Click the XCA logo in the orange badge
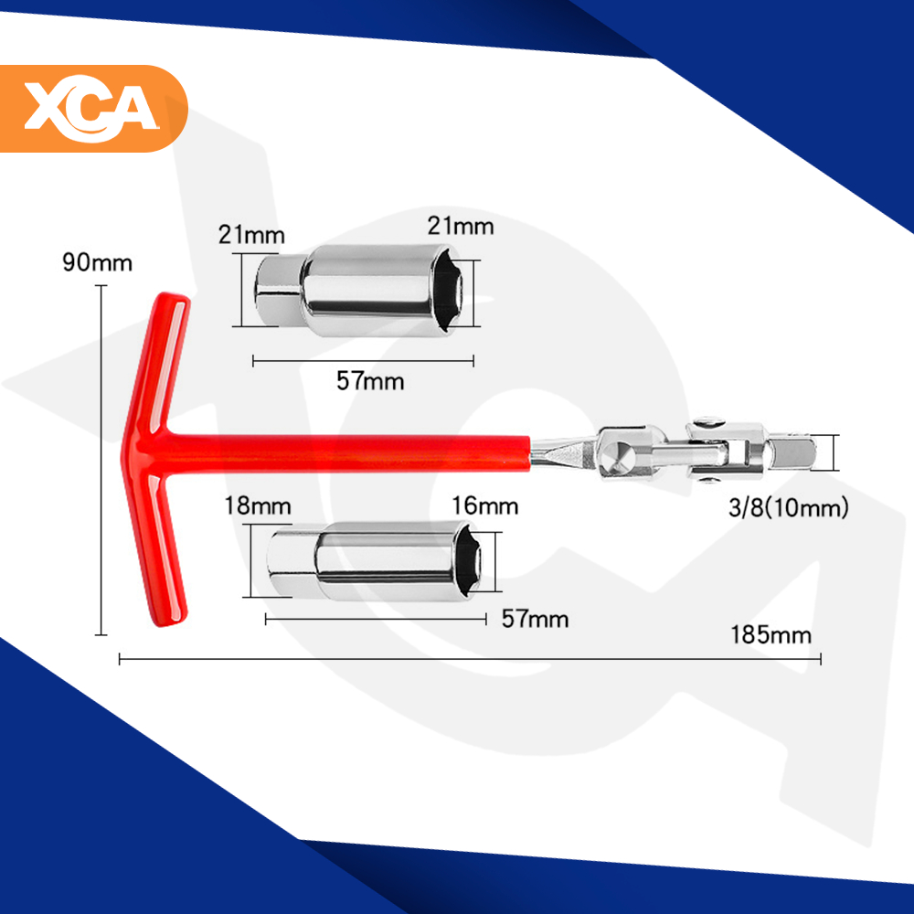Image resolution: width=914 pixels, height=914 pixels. click(x=91, y=109)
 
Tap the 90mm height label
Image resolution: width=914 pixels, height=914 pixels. click(x=98, y=263)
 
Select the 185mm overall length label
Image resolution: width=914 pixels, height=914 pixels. click(x=771, y=635)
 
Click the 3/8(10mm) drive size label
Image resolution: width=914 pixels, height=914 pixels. click(x=789, y=507)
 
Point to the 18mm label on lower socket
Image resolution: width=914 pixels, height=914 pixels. click(x=258, y=506)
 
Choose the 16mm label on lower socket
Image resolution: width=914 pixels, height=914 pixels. click(x=485, y=506)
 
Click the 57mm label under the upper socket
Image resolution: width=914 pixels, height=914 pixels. click(x=370, y=381)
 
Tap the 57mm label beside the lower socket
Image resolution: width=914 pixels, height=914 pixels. click(x=535, y=619)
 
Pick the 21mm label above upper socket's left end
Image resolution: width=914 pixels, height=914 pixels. click(x=251, y=235)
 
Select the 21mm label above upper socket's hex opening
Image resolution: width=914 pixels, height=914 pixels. click(x=461, y=226)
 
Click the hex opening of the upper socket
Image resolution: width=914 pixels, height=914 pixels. click(x=449, y=291)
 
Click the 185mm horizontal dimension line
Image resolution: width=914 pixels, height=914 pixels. click(x=470, y=659)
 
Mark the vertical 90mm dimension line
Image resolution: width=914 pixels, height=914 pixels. click(x=101, y=460)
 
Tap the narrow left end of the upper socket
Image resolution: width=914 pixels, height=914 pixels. click(x=278, y=291)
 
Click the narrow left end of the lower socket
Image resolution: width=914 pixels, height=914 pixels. click(x=292, y=561)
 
